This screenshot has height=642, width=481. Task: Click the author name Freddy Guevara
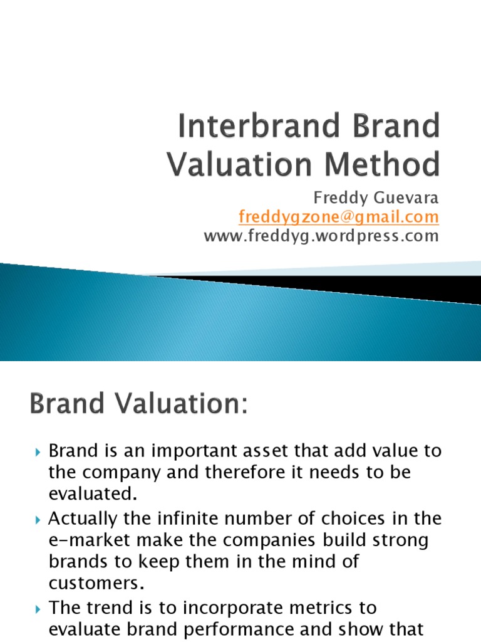tap(376, 198)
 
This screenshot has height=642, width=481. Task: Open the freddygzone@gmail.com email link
tap(339, 217)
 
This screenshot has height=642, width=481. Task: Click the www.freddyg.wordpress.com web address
tap(321, 236)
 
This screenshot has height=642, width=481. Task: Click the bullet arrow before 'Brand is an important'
tap(38, 451)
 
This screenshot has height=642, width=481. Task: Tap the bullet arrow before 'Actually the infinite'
tap(38, 520)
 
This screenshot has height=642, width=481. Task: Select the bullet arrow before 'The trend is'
tap(38, 609)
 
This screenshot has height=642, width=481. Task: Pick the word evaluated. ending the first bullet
tap(92, 494)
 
